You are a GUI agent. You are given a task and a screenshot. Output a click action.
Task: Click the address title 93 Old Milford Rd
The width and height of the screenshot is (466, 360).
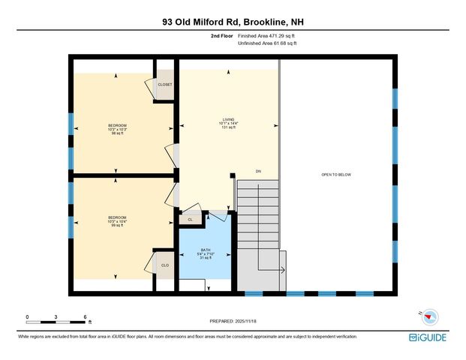pos(233,22)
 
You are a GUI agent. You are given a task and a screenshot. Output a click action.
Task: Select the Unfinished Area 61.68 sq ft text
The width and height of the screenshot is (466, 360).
pos(267,44)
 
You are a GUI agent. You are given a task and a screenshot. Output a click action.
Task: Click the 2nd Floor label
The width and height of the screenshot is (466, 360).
pos(222,36)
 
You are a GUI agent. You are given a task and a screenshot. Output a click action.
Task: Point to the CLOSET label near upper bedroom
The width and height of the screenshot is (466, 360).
pos(164,85)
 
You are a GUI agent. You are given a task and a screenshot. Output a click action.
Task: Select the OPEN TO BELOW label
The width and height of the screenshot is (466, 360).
pos(335,175)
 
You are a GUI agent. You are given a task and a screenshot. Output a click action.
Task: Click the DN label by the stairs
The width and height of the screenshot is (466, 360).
pos(257,172)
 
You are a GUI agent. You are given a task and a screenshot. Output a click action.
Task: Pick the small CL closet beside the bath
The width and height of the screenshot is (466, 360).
pos(191,219)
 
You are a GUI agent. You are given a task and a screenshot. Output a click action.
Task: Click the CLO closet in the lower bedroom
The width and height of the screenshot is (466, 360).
pos(164,265)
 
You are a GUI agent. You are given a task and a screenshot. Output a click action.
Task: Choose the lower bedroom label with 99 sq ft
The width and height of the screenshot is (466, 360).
pos(116,221)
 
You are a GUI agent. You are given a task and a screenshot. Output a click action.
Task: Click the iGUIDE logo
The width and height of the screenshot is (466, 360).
pos(429,337)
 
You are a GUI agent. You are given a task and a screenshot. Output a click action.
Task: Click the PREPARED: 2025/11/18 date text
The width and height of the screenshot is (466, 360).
pos(233,321)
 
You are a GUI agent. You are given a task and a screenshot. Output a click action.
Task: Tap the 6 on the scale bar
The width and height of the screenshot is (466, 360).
pos(86,316)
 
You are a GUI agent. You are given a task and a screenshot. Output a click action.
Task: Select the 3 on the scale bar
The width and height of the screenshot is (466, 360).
pos(56,316)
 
